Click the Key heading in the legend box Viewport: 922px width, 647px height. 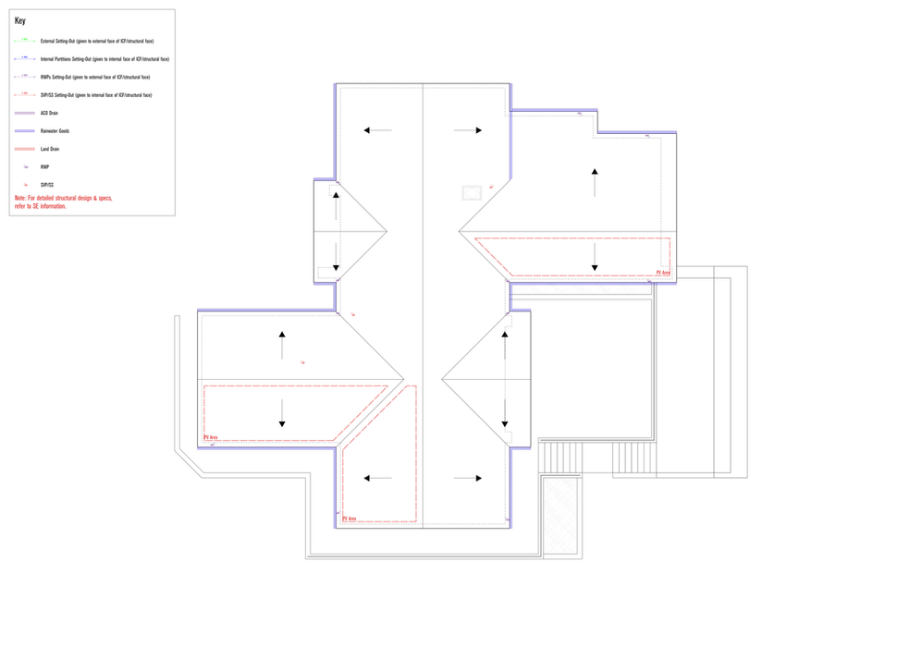click(20, 20)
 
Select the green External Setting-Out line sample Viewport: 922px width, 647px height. click(25, 41)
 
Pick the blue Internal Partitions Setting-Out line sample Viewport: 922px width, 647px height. click(25, 58)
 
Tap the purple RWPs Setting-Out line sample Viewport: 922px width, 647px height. click(25, 77)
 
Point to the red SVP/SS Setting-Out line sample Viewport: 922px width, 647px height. click(25, 95)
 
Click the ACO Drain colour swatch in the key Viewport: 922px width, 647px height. click(25, 113)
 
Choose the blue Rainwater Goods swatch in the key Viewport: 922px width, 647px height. click(25, 131)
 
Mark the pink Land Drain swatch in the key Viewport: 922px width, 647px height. click(25, 149)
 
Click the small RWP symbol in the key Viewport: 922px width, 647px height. click(25, 167)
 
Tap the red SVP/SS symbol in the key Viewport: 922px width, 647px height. click(25, 185)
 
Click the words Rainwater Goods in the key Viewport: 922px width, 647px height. click(55, 131)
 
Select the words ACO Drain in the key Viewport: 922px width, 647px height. click(51, 113)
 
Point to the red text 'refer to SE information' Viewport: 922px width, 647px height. click(41, 206)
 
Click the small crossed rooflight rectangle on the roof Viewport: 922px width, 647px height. click(472, 191)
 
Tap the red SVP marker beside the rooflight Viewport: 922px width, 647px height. click(491, 188)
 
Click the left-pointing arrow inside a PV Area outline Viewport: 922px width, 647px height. click(378, 478)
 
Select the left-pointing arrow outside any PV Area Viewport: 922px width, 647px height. click(378, 130)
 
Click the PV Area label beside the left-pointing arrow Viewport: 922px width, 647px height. click(350, 519)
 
